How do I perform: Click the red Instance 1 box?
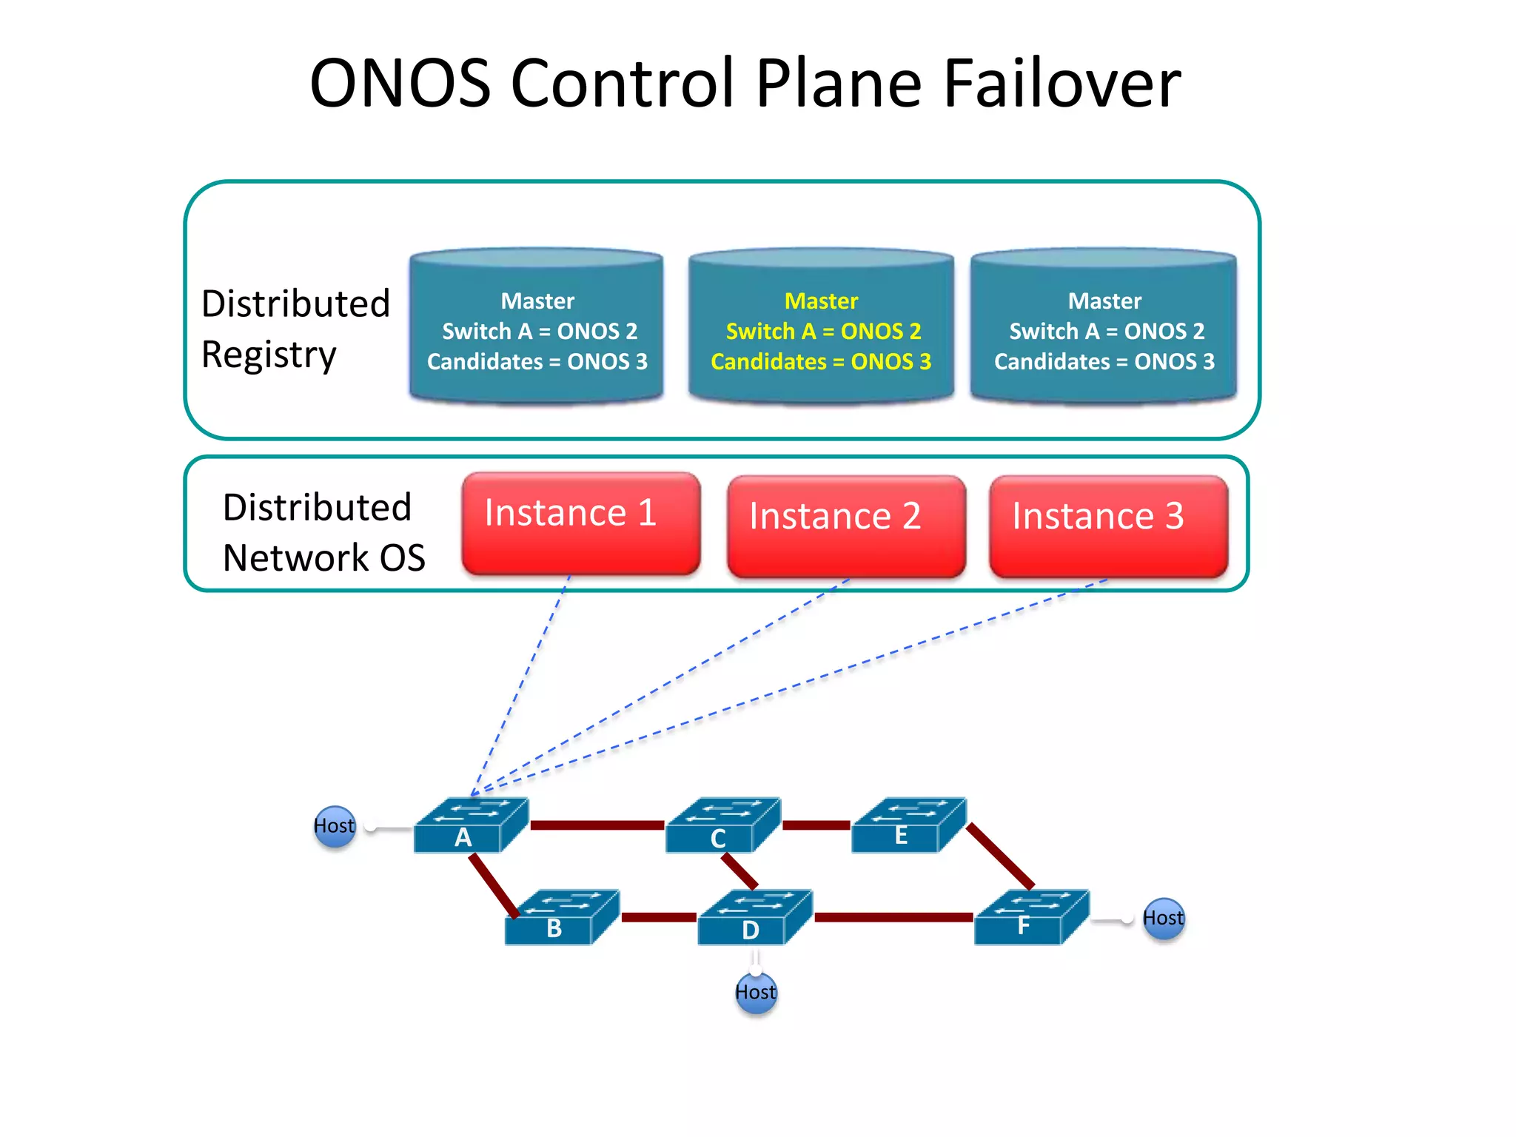tap(580, 523)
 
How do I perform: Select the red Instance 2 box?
tap(845, 526)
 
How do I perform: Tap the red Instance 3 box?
tap(1108, 526)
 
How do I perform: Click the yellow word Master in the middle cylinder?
tap(821, 301)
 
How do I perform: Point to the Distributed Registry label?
tap(295, 329)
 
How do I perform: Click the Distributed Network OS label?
tap(323, 532)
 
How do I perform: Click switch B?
tap(561, 918)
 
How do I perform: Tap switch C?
tap(722, 825)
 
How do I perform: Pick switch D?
tap(754, 918)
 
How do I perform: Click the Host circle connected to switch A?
tap(335, 826)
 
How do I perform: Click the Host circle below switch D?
tap(756, 992)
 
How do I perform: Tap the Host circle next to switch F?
tap(1163, 919)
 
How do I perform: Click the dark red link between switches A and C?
tap(597, 825)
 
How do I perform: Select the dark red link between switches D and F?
tap(893, 917)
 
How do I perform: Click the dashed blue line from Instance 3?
tap(851, 670)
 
